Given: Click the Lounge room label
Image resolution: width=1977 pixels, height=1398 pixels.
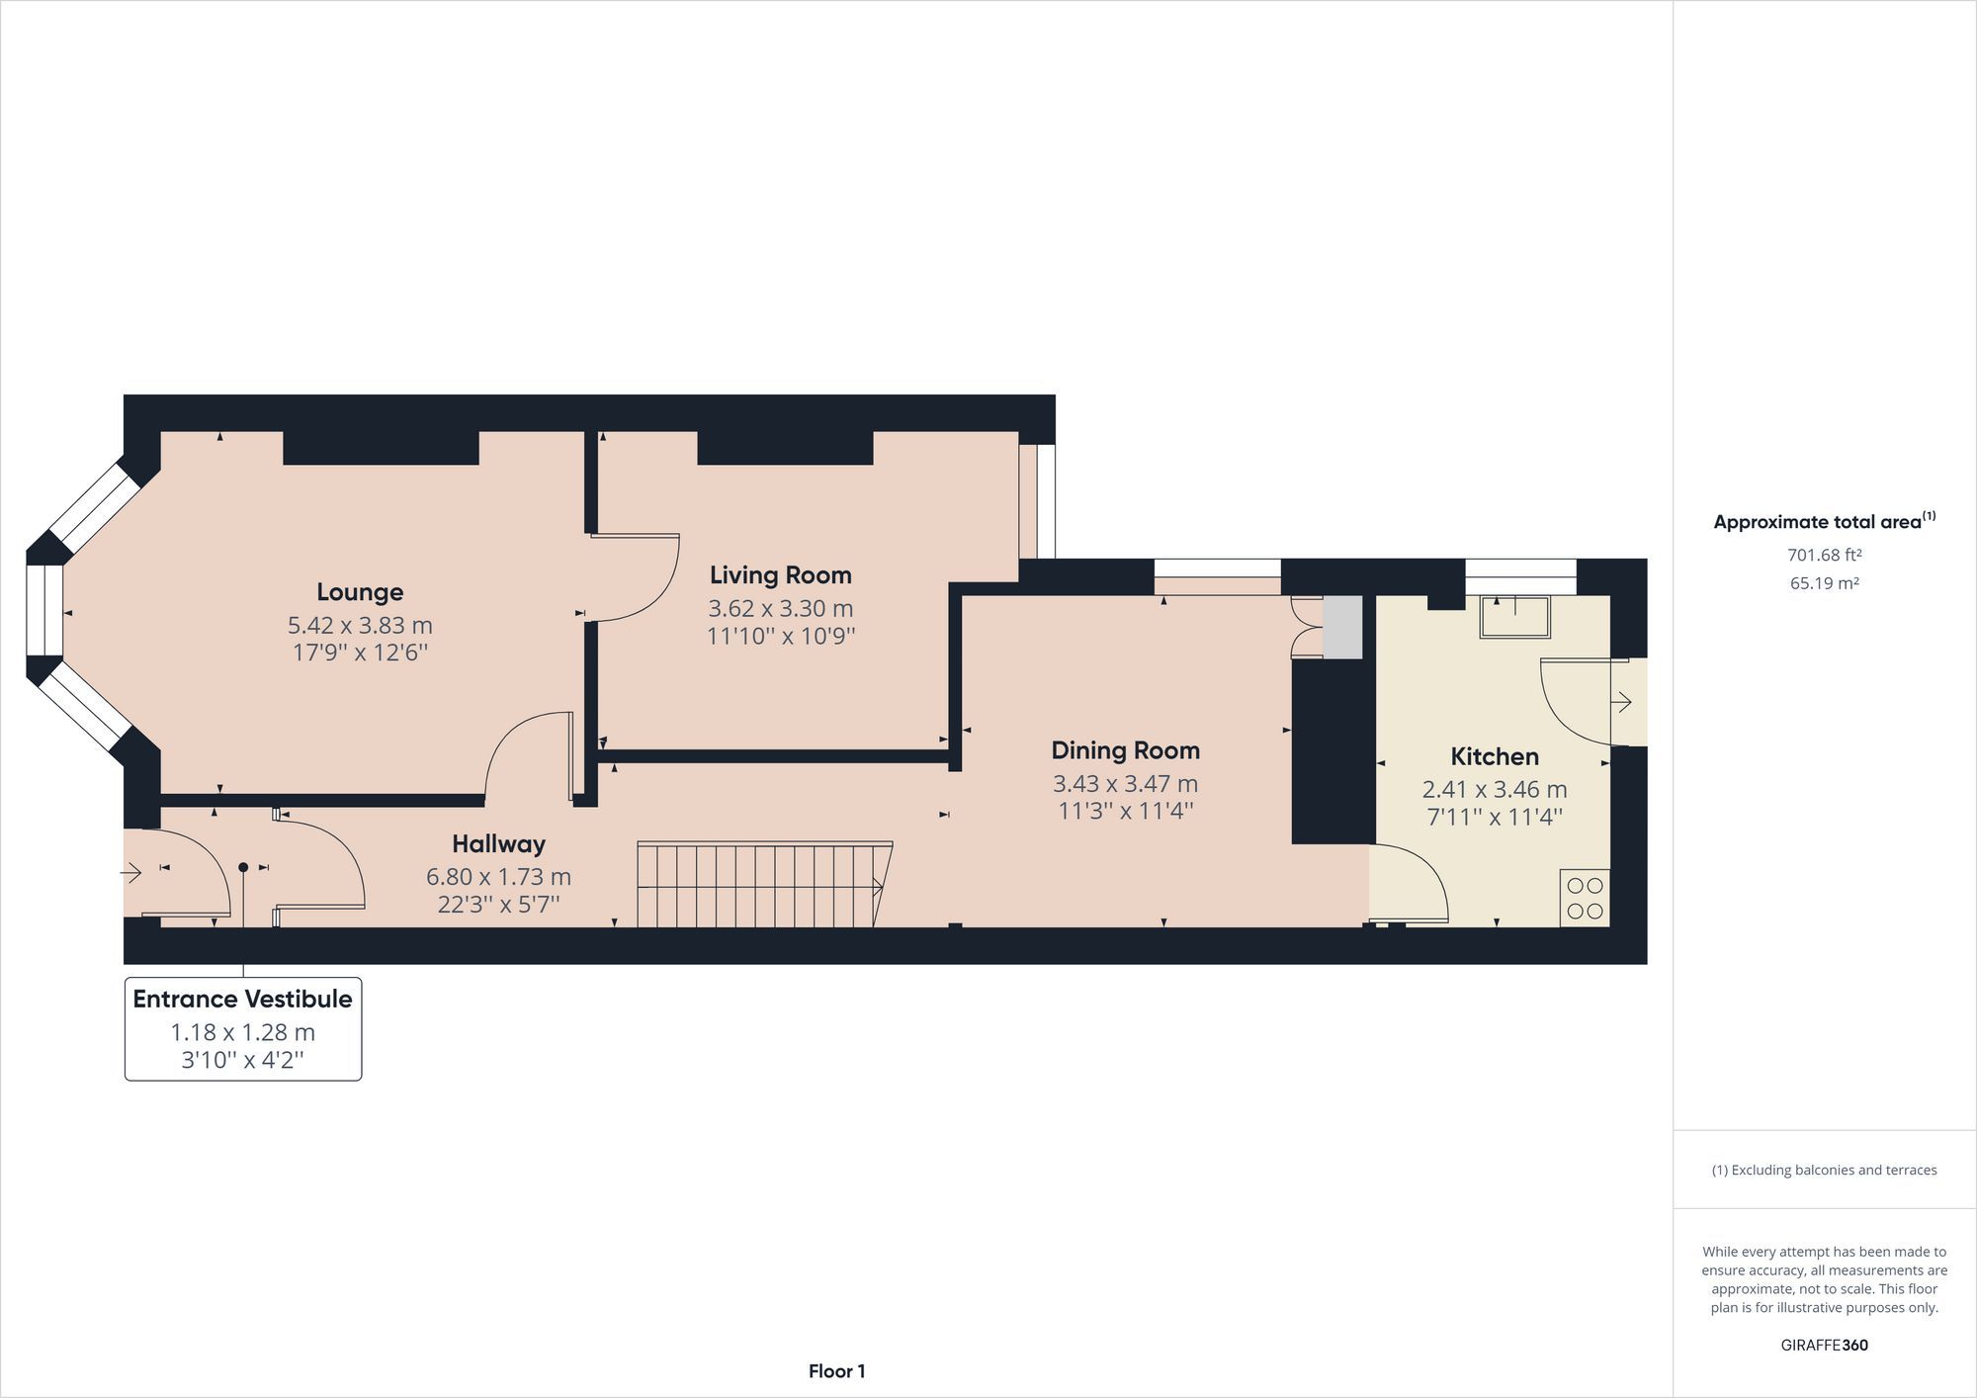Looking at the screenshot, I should (360, 592).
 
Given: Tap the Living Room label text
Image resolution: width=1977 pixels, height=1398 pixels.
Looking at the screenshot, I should (780, 575).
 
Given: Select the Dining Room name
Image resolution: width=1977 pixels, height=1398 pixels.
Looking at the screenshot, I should (1125, 750).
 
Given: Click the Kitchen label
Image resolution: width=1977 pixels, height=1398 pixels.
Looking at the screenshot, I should (1494, 757).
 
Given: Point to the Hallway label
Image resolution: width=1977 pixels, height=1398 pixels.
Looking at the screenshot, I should (498, 844).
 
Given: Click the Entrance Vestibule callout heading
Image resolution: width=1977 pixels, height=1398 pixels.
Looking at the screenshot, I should (242, 1000).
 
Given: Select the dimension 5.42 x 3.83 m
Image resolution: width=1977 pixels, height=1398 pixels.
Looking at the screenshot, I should (360, 626).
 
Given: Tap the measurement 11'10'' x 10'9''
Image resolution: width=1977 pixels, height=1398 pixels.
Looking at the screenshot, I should (780, 636).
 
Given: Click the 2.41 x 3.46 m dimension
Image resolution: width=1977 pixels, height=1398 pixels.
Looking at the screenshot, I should (1494, 790).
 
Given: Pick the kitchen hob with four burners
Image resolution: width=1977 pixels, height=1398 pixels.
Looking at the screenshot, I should (1585, 898).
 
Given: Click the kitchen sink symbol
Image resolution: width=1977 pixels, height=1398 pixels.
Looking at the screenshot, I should (1514, 617).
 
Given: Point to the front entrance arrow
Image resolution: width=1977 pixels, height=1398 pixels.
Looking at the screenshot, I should (130, 873).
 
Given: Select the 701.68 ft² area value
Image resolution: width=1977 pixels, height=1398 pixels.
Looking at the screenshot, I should (1824, 556).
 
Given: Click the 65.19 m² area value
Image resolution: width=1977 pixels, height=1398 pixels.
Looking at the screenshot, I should (1824, 583).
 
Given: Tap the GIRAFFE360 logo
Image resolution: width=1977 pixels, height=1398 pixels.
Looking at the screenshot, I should (1824, 1346).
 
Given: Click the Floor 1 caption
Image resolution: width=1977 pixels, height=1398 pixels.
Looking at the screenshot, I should (836, 1371).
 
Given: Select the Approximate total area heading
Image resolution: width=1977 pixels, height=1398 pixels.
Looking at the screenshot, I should (1823, 522).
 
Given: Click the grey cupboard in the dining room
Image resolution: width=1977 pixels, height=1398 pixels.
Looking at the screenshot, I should (1342, 628).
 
